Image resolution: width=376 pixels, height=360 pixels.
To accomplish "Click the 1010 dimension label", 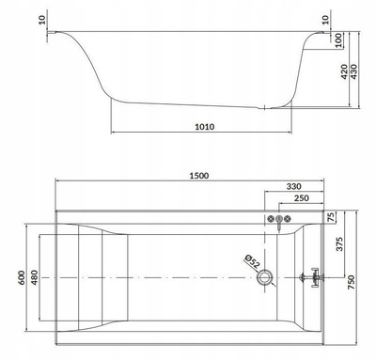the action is (205, 127).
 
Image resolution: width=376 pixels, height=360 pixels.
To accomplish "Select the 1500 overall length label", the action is (199, 176).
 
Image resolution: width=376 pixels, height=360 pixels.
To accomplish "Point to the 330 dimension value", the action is (293, 186).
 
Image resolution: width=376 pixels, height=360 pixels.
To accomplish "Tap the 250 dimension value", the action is (302, 198).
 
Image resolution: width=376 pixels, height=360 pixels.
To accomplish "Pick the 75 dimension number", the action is (331, 217).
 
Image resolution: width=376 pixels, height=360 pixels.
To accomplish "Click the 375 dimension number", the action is (339, 244).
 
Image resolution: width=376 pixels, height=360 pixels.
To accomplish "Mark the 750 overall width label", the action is (352, 282).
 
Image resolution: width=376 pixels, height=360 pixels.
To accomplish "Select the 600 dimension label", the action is (22, 277).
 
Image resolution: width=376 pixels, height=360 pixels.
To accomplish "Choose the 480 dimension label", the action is (34, 277).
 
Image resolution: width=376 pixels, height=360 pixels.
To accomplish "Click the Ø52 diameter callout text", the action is (252, 261).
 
